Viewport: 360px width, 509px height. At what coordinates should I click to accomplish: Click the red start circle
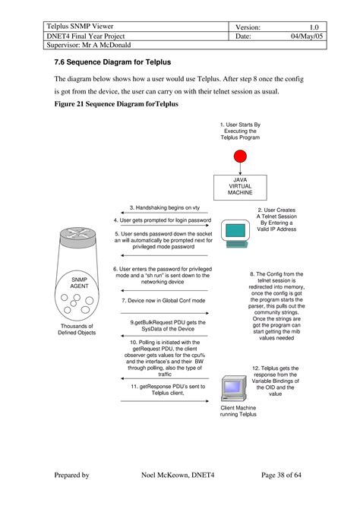(x=240, y=156)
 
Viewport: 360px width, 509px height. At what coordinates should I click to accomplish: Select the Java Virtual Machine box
(x=240, y=188)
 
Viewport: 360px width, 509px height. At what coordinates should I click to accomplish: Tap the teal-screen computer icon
(x=235, y=234)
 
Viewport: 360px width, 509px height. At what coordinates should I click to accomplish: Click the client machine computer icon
(x=234, y=388)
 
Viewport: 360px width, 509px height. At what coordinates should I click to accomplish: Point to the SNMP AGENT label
(x=79, y=283)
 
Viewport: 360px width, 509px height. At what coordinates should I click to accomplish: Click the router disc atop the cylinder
(x=78, y=236)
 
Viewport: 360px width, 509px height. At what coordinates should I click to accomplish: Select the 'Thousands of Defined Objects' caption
(x=77, y=329)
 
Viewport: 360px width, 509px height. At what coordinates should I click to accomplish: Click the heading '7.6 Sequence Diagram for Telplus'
(x=112, y=62)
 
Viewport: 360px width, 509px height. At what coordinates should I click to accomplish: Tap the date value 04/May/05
(x=307, y=36)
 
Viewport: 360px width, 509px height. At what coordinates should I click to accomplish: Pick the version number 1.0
(x=314, y=27)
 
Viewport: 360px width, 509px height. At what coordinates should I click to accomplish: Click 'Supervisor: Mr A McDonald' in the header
(x=89, y=45)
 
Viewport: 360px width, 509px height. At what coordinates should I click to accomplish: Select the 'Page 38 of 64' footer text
(x=281, y=475)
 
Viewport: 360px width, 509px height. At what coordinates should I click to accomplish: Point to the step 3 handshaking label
(x=165, y=207)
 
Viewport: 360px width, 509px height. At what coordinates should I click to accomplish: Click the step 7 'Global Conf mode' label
(x=163, y=301)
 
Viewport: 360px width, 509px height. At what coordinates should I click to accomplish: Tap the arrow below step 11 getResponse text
(x=165, y=401)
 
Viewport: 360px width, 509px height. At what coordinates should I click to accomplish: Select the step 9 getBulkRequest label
(x=168, y=326)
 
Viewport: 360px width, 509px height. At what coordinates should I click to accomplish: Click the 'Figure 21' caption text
(x=116, y=104)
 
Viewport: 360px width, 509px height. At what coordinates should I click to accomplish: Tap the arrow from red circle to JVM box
(x=240, y=169)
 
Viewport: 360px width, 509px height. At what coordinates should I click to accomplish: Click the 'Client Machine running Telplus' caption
(x=238, y=411)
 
